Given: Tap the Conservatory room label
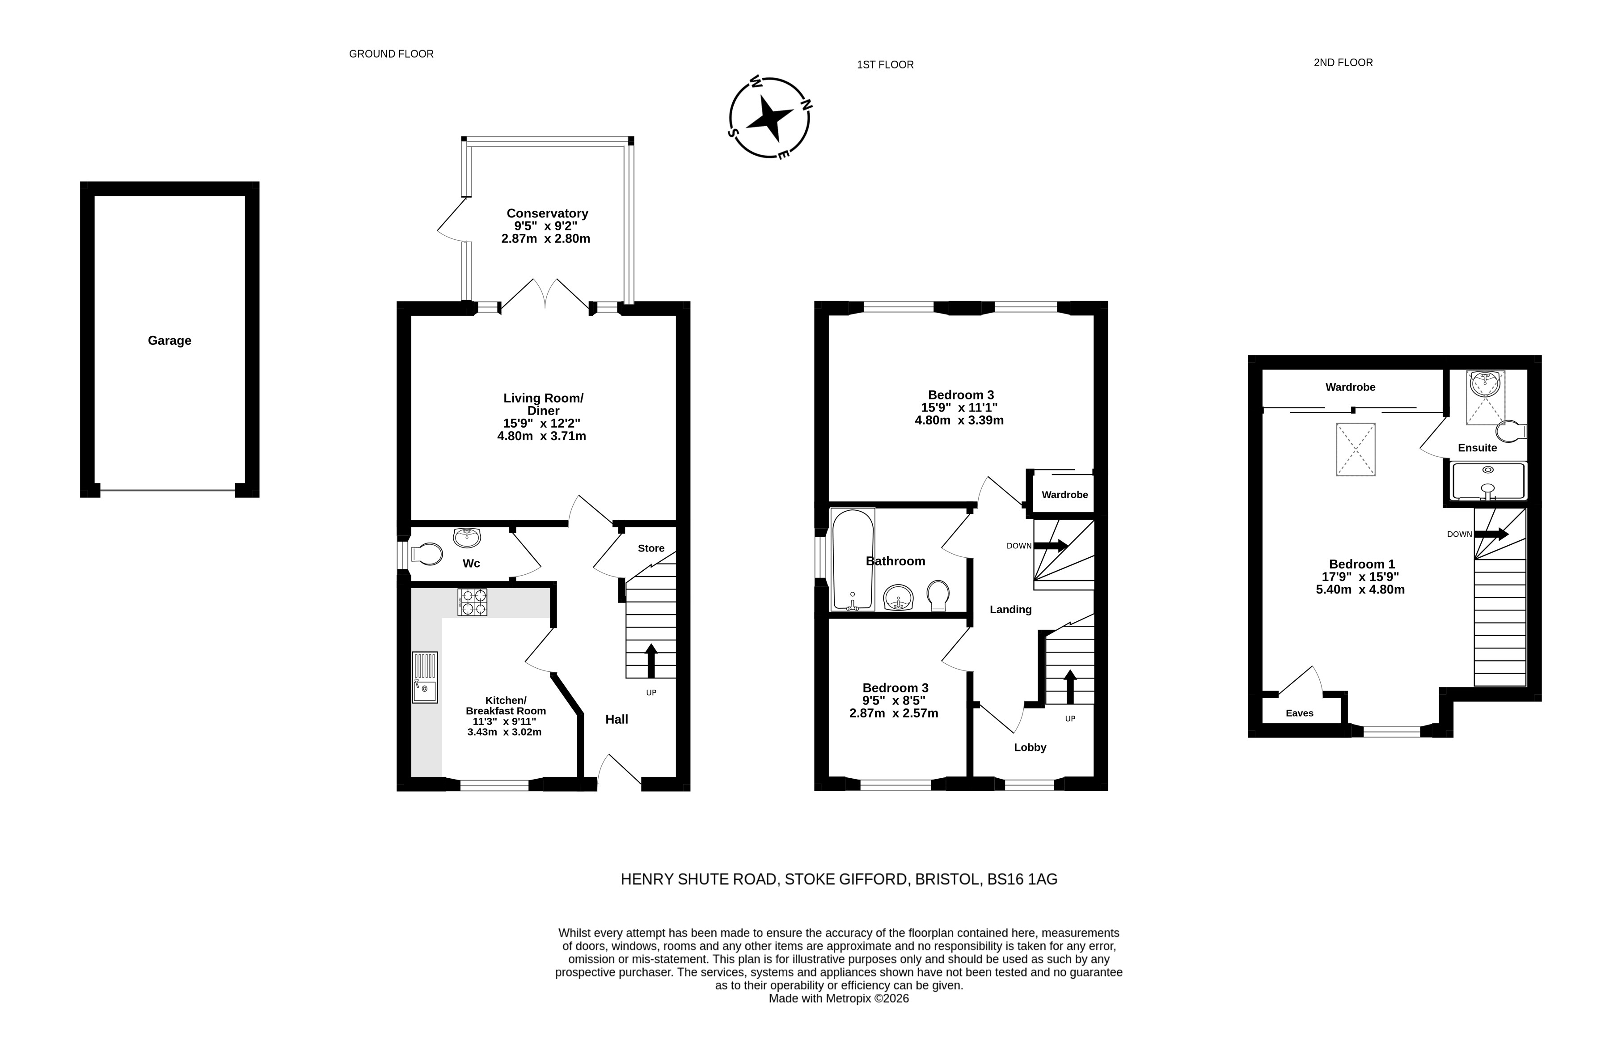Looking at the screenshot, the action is (x=547, y=213).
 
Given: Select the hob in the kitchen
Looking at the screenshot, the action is (x=472, y=602).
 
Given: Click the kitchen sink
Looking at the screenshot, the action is (x=425, y=678).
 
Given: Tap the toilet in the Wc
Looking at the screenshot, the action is (x=426, y=554).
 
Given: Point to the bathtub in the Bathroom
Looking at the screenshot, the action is (x=852, y=560).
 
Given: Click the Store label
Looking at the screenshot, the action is (x=651, y=548).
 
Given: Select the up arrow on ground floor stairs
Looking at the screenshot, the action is (x=651, y=661).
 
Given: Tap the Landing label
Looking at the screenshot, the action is (x=1011, y=610).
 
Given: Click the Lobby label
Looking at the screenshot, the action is (x=1030, y=747).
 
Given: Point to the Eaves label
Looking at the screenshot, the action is (x=1299, y=713).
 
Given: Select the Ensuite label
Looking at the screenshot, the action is (x=1477, y=448).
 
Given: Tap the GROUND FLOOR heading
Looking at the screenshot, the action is (x=391, y=54).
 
